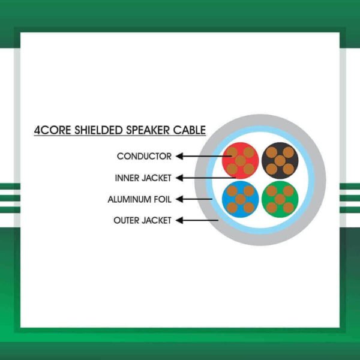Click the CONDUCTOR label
[144, 157]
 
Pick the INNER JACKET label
[143, 178]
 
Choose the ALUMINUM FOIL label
[139, 199]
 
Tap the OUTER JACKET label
[142, 221]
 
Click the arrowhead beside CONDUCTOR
[179, 157]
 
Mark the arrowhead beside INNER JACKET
[179, 178]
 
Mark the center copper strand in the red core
[240, 160]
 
